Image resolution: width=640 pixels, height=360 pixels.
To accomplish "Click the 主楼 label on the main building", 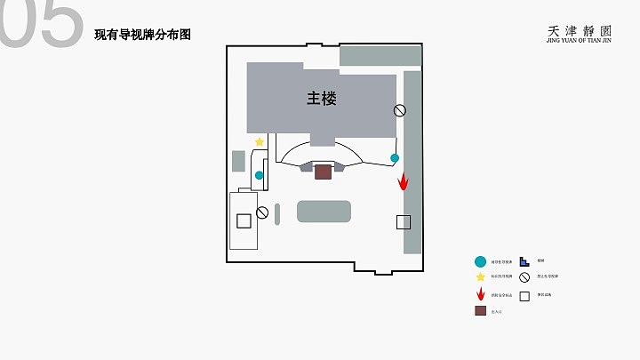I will (x=322, y=98).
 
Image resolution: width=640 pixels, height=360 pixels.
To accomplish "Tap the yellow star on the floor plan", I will (x=260, y=142).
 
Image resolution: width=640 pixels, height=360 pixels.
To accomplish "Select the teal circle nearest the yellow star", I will (x=260, y=175).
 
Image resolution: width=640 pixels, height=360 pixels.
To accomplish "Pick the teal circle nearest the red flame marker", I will (x=395, y=158).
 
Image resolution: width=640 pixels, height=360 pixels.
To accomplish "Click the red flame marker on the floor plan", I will (x=403, y=180).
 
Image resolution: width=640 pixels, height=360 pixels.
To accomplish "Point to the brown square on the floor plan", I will (x=323, y=171).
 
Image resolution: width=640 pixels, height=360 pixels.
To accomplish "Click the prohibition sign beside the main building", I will (x=400, y=110).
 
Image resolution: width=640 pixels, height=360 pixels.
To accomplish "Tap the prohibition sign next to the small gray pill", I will (x=262, y=212).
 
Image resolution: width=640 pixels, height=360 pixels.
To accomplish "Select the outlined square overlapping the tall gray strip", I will (x=404, y=222).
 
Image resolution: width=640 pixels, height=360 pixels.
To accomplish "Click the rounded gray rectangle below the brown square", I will (x=324, y=211).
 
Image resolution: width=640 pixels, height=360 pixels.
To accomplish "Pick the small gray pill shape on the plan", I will (x=277, y=213).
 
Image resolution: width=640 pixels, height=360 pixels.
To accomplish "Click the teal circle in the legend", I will (x=481, y=261).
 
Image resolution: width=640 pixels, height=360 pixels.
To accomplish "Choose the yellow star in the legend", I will (x=481, y=277).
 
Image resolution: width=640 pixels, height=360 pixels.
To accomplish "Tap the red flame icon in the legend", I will (x=481, y=294).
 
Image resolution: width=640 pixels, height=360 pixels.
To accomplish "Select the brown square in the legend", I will (x=481, y=311).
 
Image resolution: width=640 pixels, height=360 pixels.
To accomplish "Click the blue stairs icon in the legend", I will (x=524, y=261).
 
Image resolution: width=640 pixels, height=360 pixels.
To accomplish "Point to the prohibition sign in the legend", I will (x=524, y=277).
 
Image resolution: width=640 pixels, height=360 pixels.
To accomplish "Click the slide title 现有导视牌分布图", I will (x=143, y=35).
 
